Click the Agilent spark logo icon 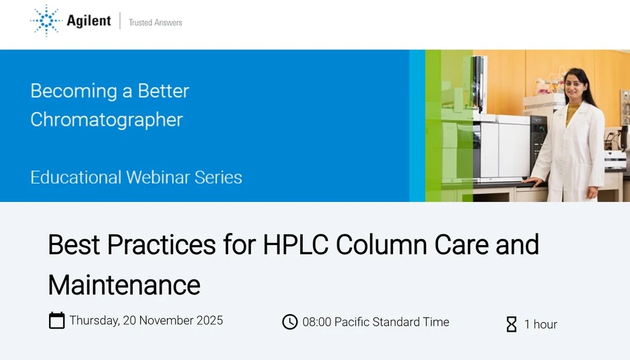coord(45,20)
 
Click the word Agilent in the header coord(89,21)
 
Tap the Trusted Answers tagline coord(155,22)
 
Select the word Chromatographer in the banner coord(106,120)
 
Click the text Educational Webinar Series coord(136,178)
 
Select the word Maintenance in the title coord(124,285)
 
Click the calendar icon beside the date coord(57,320)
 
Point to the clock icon coord(289,322)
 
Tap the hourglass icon coord(512,324)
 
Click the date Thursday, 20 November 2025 coord(146,320)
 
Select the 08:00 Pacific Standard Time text coord(376,322)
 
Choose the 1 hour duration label coord(540,324)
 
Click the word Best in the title coord(70,244)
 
